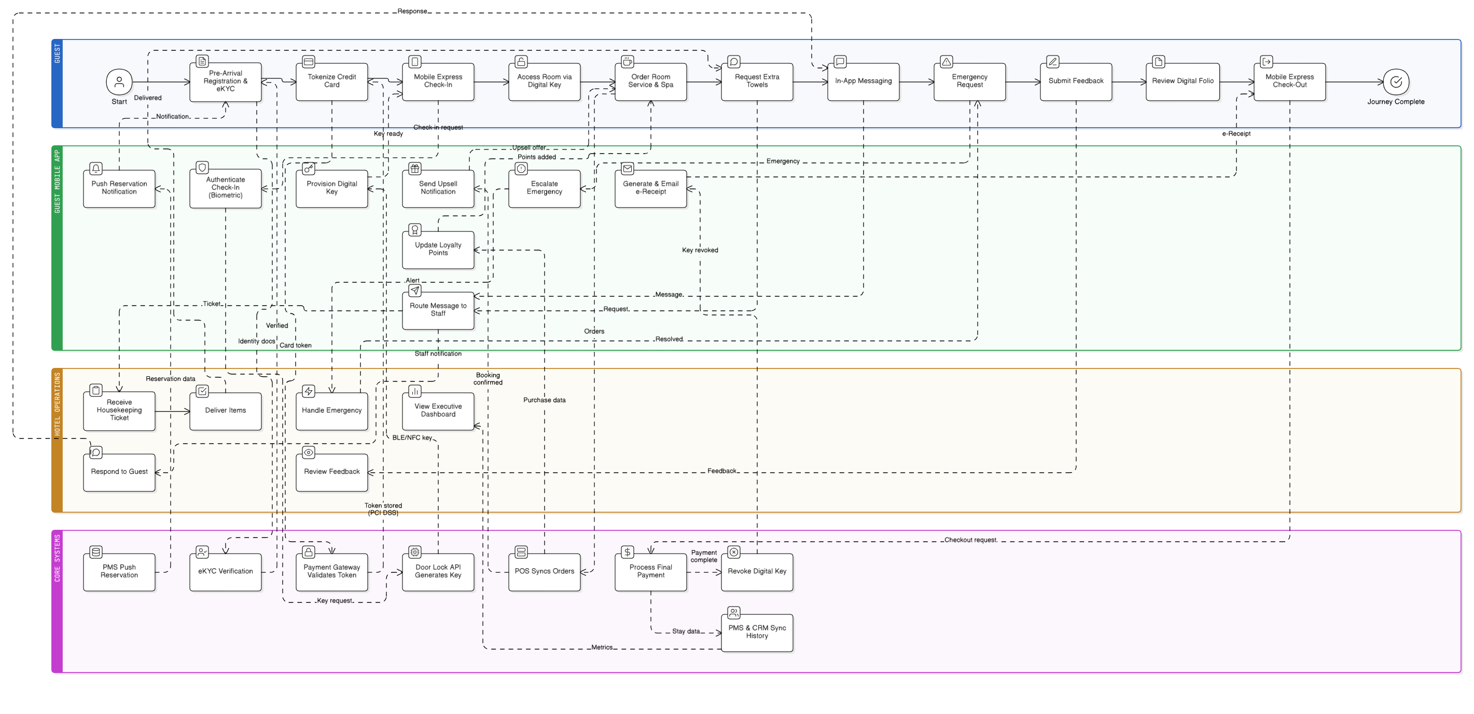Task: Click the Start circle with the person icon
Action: tap(119, 82)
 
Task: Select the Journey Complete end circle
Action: tap(1396, 82)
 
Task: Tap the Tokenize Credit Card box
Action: tap(331, 81)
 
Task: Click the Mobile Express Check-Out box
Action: tap(1289, 81)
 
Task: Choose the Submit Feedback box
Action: tap(1075, 81)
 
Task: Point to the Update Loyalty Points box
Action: tap(438, 249)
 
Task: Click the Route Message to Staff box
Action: tap(438, 310)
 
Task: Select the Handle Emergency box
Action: tap(331, 410)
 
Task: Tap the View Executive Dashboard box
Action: tap(438, 410)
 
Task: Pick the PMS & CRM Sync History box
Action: tap(757, 632)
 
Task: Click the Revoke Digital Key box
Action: tap(757, 571)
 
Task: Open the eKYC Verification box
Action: tap(226, 571)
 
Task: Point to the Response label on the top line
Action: tap(412, 11)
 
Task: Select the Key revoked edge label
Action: tap(699, 250)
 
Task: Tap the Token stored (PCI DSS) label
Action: tap(383, 509)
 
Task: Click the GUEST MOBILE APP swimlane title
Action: tap(57, 182)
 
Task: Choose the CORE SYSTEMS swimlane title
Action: tap(57, 558)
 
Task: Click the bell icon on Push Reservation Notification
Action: tap(96, 168)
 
